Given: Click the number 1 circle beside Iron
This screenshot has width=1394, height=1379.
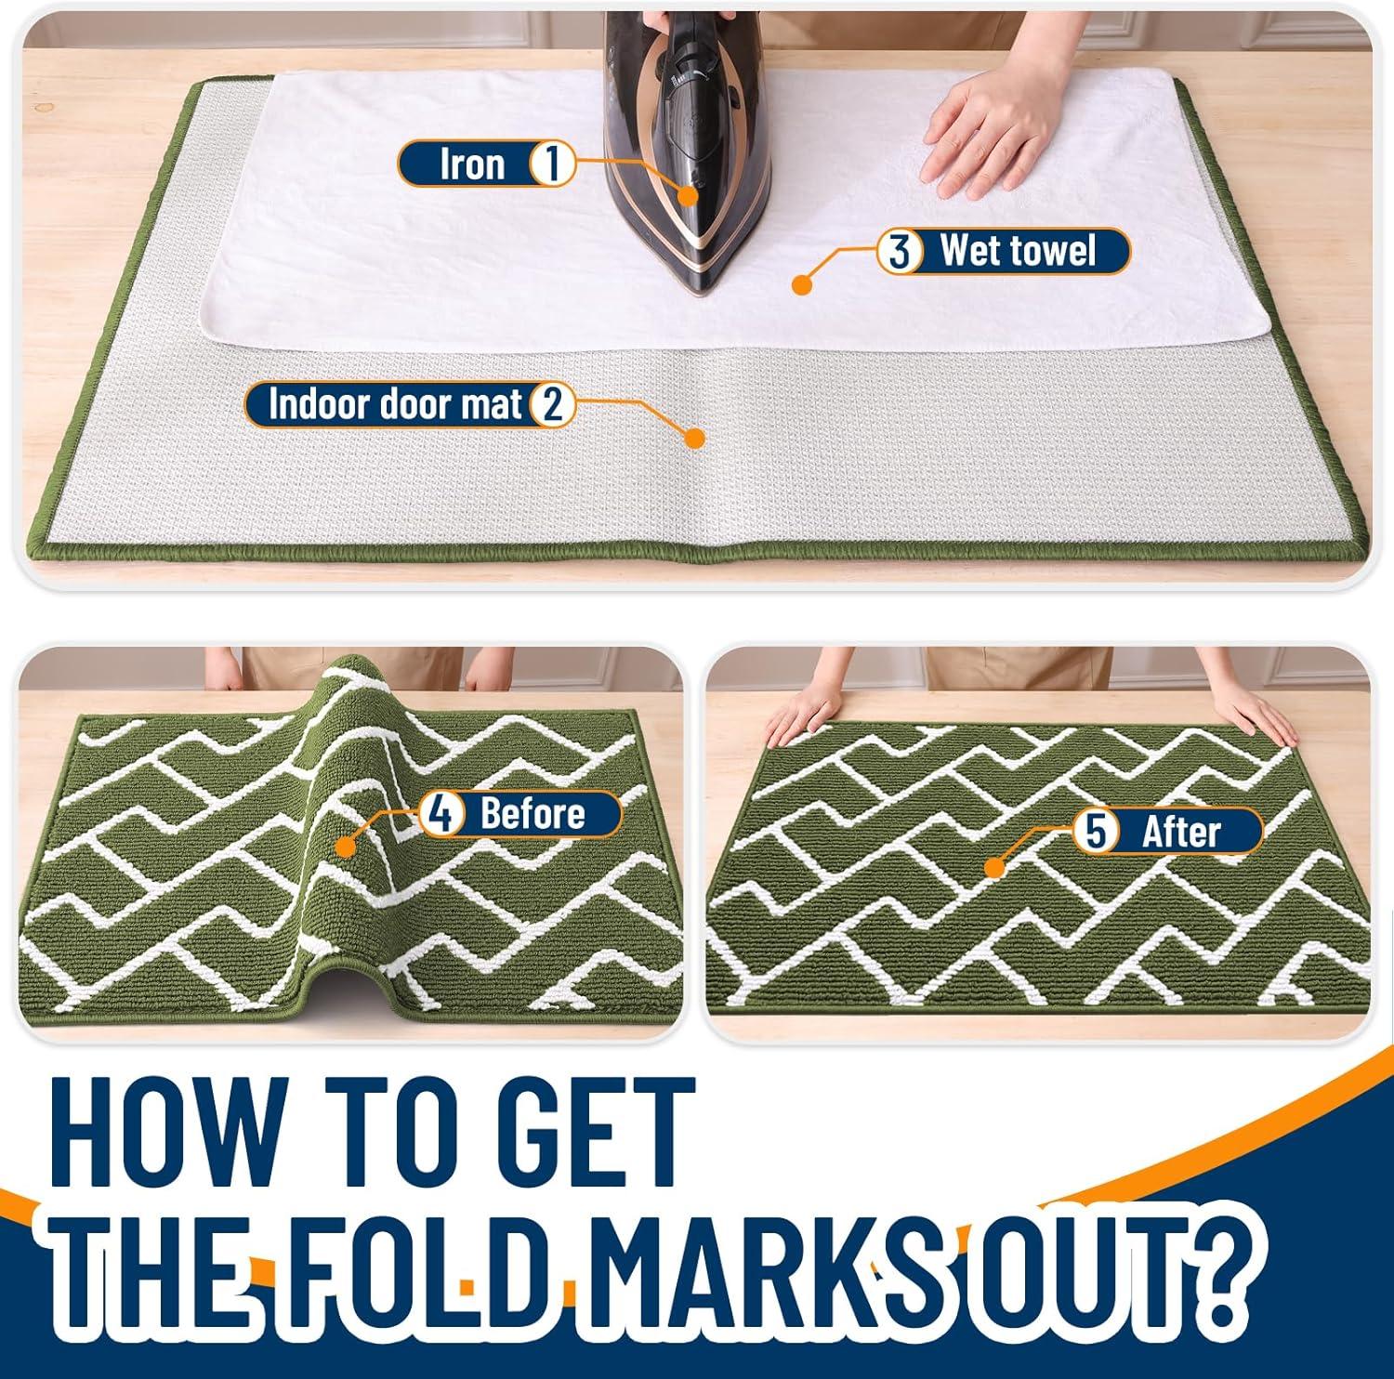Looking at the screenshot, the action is coord(551,164).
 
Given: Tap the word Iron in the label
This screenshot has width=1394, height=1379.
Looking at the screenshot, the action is coord(472,164).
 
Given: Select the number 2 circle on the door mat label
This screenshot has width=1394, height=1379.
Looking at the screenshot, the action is coord(553,405).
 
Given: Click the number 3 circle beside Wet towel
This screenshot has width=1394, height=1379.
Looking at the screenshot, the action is coord(899,251).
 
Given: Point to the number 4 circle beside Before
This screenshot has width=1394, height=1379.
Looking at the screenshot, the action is coord(442,814).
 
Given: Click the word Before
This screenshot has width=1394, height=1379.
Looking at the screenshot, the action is coord(533,814).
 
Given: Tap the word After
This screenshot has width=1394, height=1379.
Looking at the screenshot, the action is coord(1180,831).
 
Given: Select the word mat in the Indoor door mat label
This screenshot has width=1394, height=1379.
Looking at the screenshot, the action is coord(495,405).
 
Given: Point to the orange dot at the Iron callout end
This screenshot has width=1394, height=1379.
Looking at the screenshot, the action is coord(688,195).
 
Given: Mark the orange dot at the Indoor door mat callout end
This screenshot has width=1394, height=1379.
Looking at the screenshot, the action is coord(693,438).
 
